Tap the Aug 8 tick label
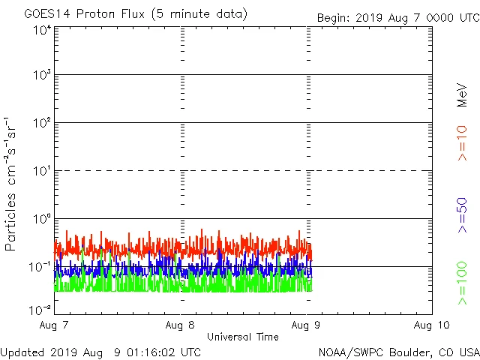(x=181, y=325)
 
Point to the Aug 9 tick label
(x=307, y=325)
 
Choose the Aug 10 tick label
(x=431, y=325)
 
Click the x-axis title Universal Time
(x=243, y=337)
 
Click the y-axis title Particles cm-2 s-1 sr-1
(x=12, y=183)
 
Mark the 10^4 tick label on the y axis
(x=41, y=30)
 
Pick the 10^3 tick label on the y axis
(x=41, y=76)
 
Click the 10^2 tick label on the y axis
(x=41, y=123)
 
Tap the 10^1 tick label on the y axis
(x=41, y=171)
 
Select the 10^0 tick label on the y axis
(x=41, y=219)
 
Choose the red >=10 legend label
(x=461, y=143)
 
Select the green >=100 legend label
(x=461, y=283)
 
